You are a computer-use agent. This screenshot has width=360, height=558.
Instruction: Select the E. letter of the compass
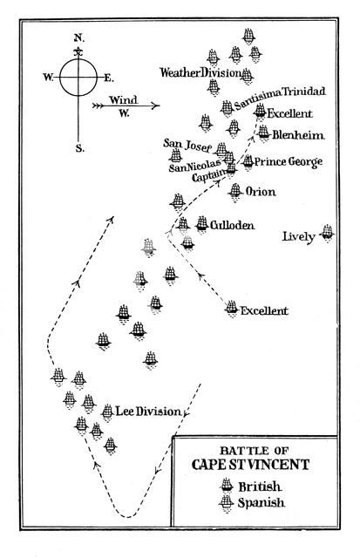click(x=109, y=78)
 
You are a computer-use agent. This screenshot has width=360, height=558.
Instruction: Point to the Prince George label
click(x=289, y=162)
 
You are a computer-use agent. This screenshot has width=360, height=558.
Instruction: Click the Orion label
click(x=262, y=192)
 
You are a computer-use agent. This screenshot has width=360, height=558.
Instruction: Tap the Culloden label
click(x=231, y=225)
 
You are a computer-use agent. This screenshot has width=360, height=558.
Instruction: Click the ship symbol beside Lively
click(x=327, y=232)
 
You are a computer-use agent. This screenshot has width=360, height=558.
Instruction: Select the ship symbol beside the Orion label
click(x=235, y=191)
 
